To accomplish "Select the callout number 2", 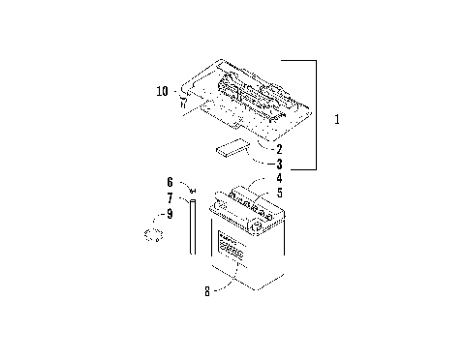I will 279,149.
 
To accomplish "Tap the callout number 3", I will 279,165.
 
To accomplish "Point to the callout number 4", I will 279,179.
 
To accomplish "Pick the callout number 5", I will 279,193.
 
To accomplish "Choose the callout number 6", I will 169,181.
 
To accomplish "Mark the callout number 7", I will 169,197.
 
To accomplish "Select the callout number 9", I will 169,213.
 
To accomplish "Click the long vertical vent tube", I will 193,225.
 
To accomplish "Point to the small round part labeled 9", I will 151,235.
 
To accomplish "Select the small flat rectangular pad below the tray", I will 230,149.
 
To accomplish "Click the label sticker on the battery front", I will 232,248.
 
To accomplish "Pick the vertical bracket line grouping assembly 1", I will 317,114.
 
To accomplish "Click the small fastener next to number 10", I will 182,97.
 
